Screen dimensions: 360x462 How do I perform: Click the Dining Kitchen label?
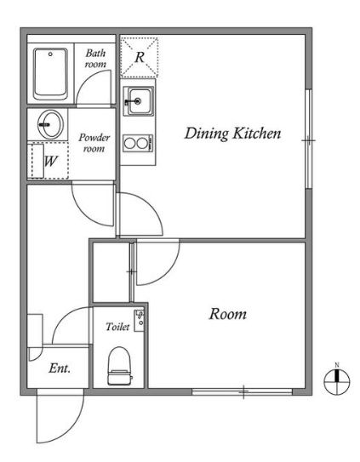[232, 134]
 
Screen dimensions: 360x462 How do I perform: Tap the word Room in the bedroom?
[227, 314]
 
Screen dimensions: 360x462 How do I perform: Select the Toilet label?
[117, 327]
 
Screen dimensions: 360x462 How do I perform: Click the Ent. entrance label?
[60, 368]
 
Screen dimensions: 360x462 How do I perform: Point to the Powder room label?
[94, 143]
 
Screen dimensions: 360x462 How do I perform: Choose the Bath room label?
[95, 59]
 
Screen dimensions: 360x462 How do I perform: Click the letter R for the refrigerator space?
[140, 57]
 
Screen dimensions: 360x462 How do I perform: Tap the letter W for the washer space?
[50, 161]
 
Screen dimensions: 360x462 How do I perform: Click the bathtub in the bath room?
[50, 74]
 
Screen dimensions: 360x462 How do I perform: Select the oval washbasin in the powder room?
[50, 124]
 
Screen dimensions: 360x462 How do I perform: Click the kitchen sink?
[139, 101]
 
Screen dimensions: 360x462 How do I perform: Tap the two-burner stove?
[139, 144]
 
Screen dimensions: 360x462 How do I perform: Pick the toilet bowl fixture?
[119, 366]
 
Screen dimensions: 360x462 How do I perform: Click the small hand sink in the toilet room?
[140, 321]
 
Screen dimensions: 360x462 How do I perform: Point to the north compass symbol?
[337, 382]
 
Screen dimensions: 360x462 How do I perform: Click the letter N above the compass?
[337, 365]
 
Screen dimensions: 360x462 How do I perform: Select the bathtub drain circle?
[50, 54]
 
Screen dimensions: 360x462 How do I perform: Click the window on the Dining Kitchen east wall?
[308, 139]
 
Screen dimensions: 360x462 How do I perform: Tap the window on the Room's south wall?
[242, 392]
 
